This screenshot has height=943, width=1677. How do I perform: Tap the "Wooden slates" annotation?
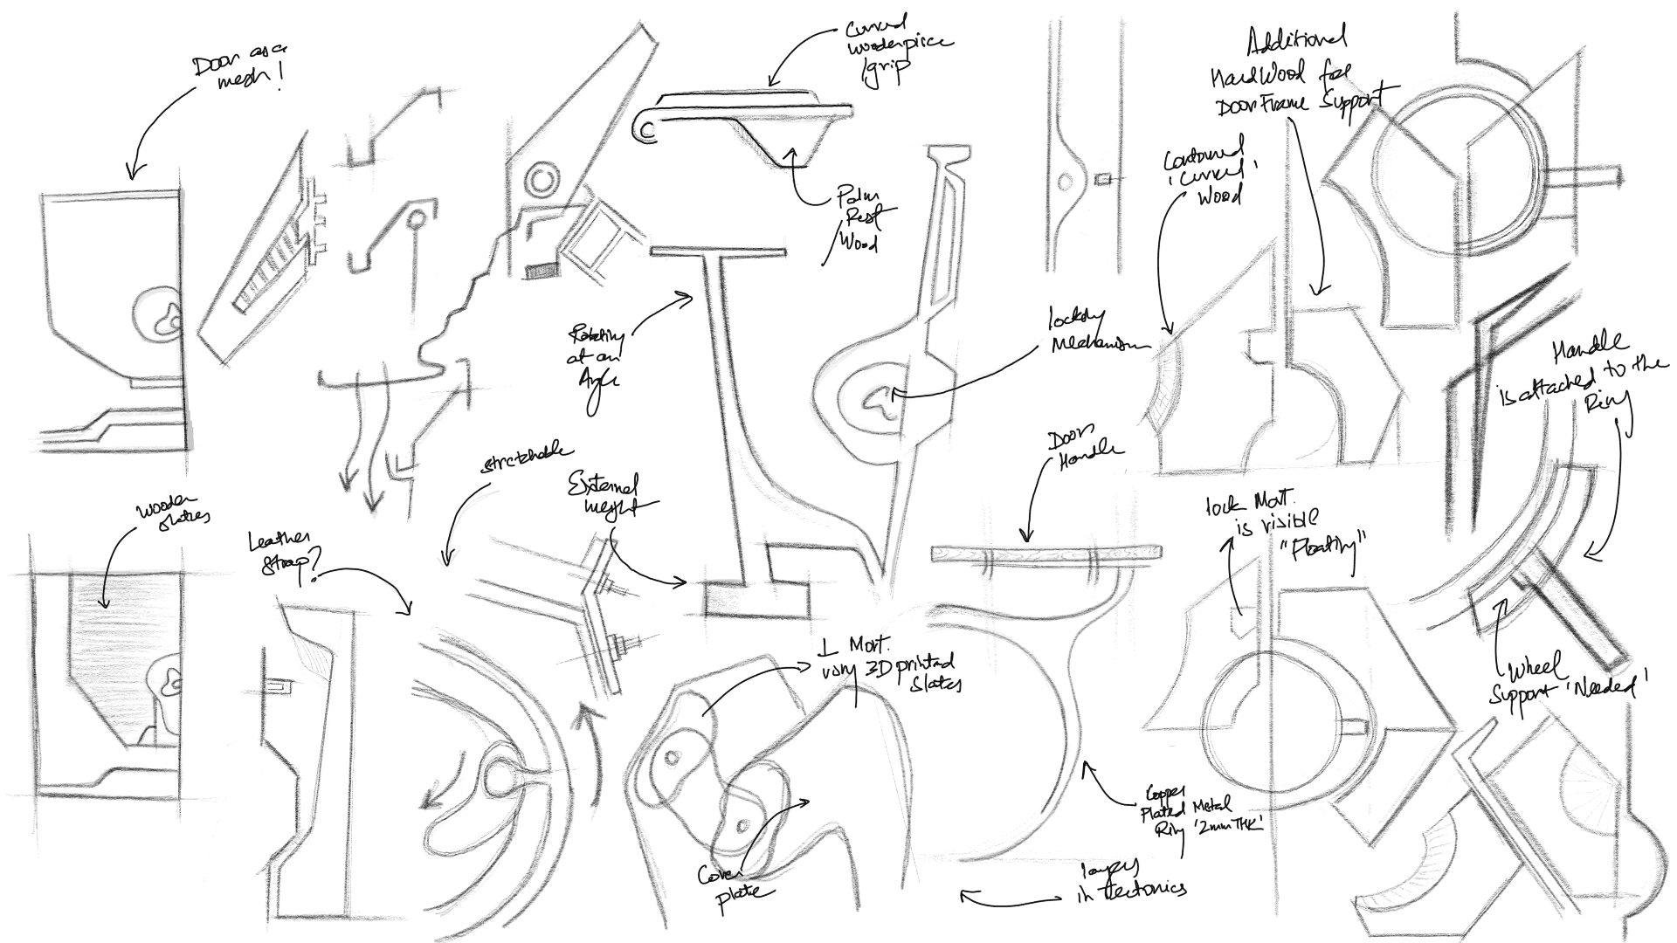point(172,514)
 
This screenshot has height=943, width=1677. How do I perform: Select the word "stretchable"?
point(527,459)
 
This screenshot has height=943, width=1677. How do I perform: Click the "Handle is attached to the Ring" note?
point(1579,375)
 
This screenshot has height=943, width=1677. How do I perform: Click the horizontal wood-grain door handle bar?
point(1047,554)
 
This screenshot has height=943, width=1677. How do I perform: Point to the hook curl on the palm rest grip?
point(646,127)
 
